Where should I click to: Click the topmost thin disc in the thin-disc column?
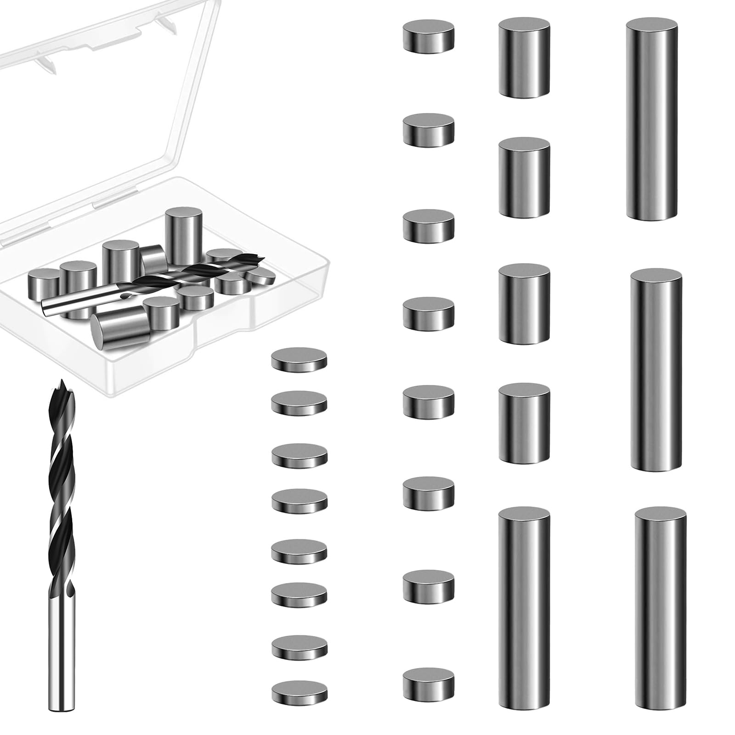299,359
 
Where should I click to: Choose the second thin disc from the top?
299,403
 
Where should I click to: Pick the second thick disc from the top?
428,130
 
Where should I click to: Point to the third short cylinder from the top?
524,304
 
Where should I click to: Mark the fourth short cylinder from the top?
524,424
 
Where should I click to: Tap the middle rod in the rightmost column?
656,370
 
